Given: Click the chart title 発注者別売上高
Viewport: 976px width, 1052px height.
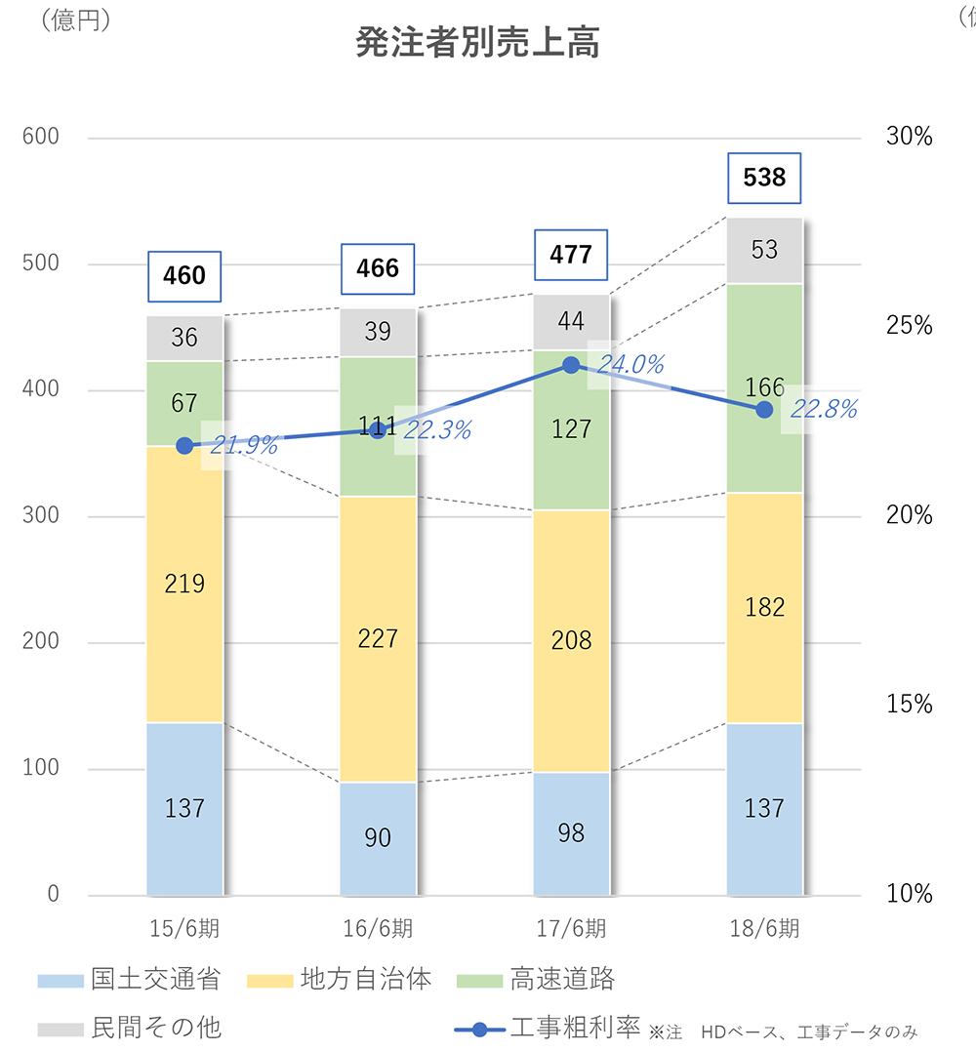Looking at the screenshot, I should tap(476, 44).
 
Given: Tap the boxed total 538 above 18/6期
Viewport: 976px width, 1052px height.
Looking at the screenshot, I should tap(764, 178).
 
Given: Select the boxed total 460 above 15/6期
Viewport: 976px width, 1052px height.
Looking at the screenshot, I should tap(184, 275).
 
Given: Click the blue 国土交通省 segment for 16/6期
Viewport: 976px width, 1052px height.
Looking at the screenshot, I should tap(378, 838).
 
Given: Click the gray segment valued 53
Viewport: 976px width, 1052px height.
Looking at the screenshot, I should tap(764, 250).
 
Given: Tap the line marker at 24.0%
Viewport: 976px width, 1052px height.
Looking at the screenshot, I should tap(572, 365).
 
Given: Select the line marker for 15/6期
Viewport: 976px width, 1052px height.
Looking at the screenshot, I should tap(184, 446).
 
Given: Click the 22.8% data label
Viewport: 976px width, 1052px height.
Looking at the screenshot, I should tap(823, 410).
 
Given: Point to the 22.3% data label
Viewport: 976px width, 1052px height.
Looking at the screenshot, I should tap(437, 429).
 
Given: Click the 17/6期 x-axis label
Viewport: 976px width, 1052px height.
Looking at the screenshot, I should tap(571, 927).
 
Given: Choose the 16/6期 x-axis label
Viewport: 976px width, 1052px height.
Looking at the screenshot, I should tap(378, 927).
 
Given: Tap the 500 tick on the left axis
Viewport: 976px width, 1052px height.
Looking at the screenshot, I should tap(41, 263).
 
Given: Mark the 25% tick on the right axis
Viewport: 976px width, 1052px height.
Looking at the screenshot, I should tap(909, 325).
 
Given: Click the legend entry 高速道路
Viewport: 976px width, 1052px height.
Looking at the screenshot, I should tap(560, 980).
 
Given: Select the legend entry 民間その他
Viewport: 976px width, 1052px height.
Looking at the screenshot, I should tap(156, 1027).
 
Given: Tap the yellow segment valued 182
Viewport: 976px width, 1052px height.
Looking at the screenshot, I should tap(764, 607).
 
